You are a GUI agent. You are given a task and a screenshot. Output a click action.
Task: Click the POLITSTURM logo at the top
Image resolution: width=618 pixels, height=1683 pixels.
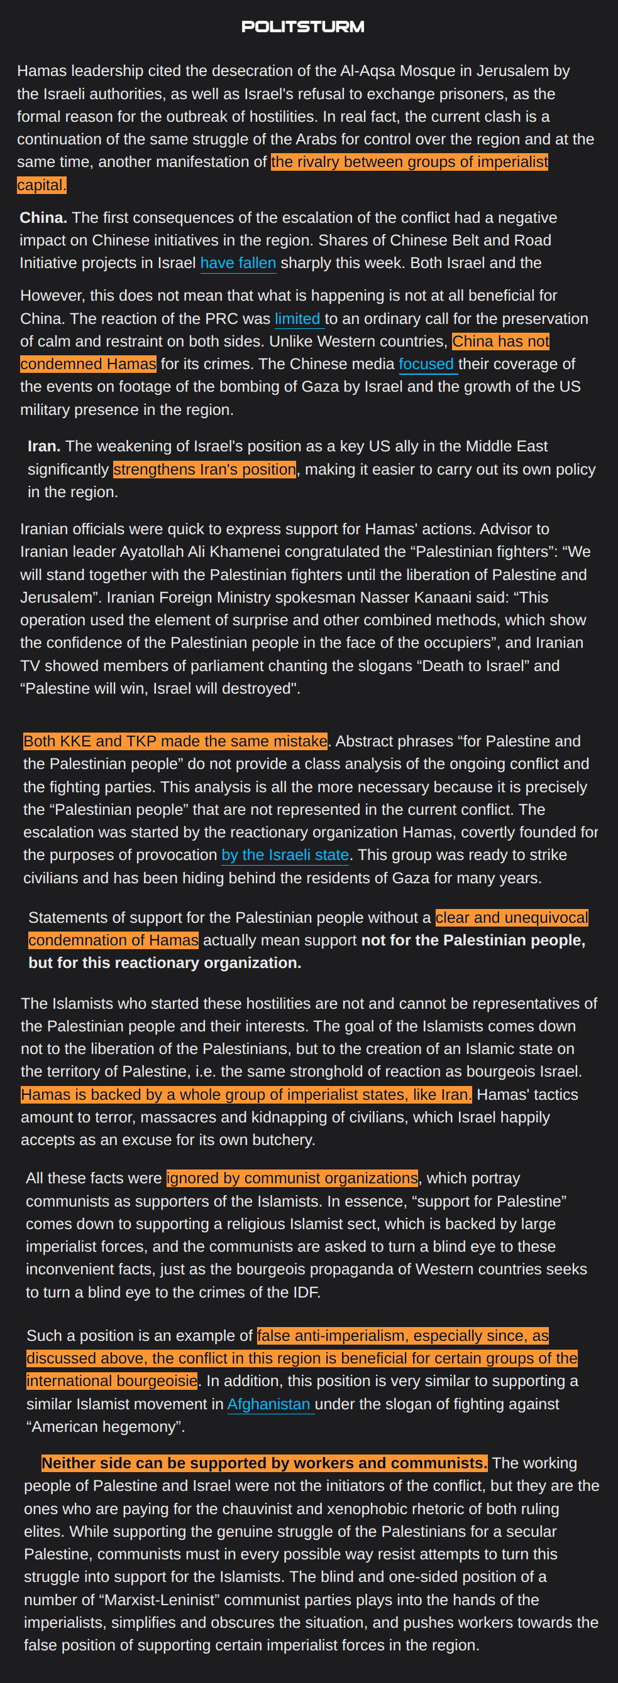(303, 27)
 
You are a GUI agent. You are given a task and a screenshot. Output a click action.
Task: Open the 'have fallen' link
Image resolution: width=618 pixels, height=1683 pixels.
(238, 263)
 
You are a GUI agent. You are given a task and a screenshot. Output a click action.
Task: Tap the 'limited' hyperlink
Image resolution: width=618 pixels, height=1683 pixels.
(297, 319)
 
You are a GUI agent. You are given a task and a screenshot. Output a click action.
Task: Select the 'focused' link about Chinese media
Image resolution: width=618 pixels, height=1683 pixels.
(426, 364)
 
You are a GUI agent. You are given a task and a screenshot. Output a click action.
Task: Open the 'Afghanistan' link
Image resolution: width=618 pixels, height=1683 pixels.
(269, 1404)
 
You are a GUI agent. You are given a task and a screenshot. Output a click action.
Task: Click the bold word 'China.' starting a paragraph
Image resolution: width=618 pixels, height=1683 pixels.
(43, 218)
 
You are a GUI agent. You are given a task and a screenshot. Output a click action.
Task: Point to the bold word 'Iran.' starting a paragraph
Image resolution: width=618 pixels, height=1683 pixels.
(44, 446)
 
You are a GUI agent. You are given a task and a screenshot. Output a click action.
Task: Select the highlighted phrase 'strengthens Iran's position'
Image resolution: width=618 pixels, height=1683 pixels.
(204, 469)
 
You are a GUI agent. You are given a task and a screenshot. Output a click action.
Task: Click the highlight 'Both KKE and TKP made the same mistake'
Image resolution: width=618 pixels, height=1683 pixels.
(175, 741)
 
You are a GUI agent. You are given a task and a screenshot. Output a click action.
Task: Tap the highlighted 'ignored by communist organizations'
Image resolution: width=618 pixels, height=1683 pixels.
(292, 1178)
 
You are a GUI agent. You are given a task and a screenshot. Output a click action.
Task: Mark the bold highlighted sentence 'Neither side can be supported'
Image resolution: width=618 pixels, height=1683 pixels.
(264, 1463)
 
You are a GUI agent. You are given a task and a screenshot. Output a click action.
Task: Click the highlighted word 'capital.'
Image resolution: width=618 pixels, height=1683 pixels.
(41, 185)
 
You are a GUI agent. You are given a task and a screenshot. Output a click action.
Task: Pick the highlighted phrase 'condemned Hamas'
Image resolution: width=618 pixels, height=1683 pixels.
(88, 364)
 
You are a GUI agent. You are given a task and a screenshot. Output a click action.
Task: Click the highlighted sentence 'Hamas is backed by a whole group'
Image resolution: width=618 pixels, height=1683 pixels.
(245, 1094)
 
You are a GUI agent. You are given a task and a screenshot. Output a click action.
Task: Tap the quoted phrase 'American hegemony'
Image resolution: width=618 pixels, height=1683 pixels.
(105, 1426)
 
